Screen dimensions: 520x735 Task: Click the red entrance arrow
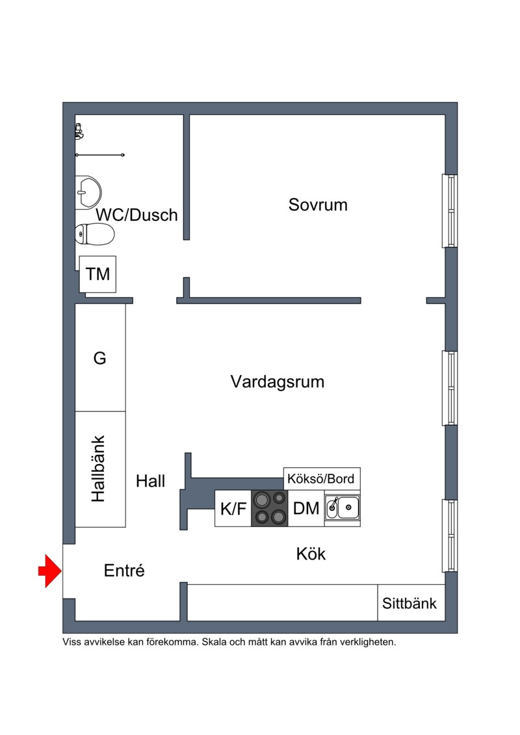click(x=49, y=571)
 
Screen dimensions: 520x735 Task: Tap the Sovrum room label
click(x=318, y=205)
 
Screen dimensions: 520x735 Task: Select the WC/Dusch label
click(x=137, y=215)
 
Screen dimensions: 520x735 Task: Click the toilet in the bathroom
click(x=95, y=234)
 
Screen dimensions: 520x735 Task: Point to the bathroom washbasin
click(x=88, y=192)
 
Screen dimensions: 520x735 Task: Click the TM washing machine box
click(x=97, y=274)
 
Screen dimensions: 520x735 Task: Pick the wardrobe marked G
click(x=100, y=357)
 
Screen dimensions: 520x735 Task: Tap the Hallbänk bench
click(x=100, y=469)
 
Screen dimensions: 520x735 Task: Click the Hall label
click(x=151, y=481)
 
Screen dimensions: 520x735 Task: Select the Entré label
click(x=124, y=571)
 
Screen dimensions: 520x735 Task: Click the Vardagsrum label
click(x=278, y=381)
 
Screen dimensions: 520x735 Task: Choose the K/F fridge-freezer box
click(x=233, y=509)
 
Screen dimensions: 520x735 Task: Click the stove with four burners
click(x=270, y=509)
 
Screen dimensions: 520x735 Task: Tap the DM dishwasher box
click(x=306, y=509)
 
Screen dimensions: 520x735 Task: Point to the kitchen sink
click(x=343, y=508)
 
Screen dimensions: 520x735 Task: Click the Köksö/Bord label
click(x=320, y=479)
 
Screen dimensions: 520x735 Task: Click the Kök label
click(x=311, y=554)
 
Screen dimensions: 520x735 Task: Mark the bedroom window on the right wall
click(x=450, y=211)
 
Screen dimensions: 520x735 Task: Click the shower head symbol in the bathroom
click(x=79, y=132)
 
